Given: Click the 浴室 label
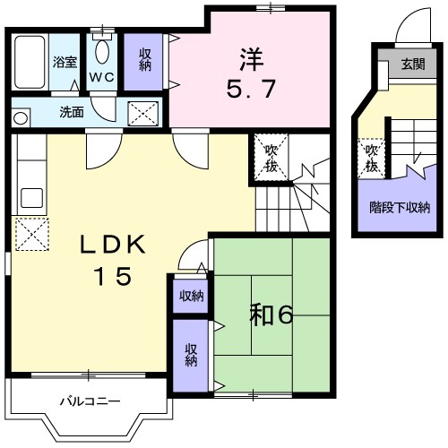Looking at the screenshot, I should tap(65, 63).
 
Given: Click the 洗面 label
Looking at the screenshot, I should tap(71, 113).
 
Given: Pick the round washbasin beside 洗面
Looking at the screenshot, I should tap(21, 115).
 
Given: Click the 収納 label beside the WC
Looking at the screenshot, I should tap(144, 61).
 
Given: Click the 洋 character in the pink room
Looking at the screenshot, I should tap(250, 56).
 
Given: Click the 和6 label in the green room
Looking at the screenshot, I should tap(271, 314).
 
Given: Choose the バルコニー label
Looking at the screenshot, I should tap(90, 401).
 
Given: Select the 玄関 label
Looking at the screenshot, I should tap(412, 65).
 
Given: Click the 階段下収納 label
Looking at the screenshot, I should tap(400, 208).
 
